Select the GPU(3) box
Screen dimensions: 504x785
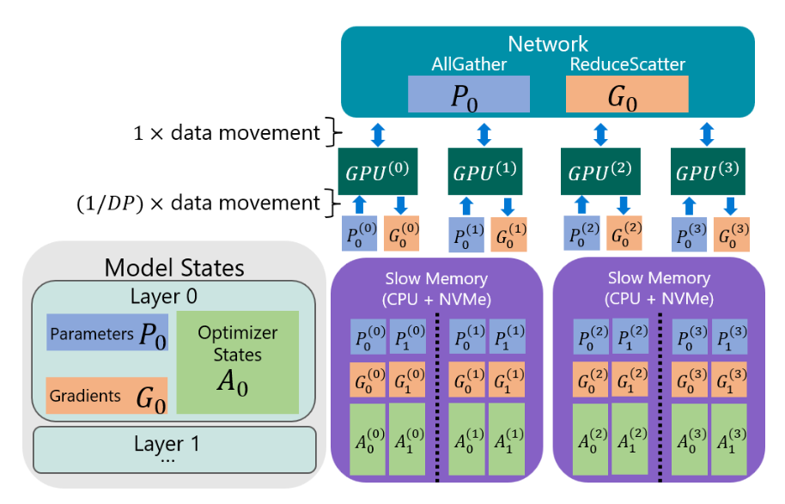[x=706, y=172]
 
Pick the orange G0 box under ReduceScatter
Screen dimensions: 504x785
[x=627, y=94]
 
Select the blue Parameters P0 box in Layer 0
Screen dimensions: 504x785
[x=107, y=333]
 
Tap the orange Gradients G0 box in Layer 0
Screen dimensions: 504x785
[x=107, y=396]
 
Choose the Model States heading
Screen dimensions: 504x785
[x=174, y=267]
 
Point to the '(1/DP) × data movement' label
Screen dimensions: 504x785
[x=198, y=203]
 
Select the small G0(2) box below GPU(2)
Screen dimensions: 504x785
[x=624, y=233]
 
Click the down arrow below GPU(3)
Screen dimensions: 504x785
[x=730, y=204]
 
